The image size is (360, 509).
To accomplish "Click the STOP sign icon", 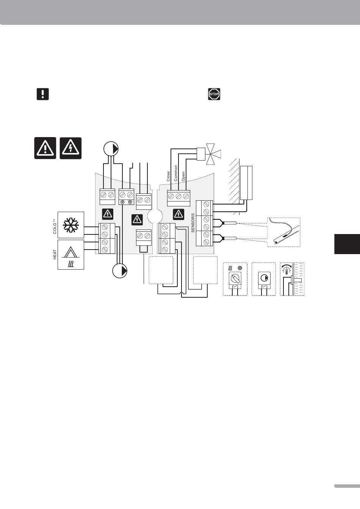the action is tap(214, 94).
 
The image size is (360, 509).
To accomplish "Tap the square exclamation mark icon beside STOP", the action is tap(43, 94).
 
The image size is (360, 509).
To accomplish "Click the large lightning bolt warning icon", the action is tap(70, 148).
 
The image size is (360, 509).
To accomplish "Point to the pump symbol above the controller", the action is tap(111, 148).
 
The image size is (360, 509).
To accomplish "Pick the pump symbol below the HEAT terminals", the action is tap(120, 271).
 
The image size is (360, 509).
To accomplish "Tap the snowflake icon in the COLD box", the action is tap(71, 225).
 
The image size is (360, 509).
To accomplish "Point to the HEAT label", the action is tap(55, 254).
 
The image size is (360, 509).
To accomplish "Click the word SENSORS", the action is tap(193, 223).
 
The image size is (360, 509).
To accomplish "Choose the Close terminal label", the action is tap(169, 176).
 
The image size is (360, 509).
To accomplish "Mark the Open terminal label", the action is tap(183, 176).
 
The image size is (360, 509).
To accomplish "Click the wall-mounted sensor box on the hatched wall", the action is tap(246, 183).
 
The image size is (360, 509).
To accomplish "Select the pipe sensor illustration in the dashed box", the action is tap(283, 232).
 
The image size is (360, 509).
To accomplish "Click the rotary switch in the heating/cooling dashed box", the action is tap(235, 279).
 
